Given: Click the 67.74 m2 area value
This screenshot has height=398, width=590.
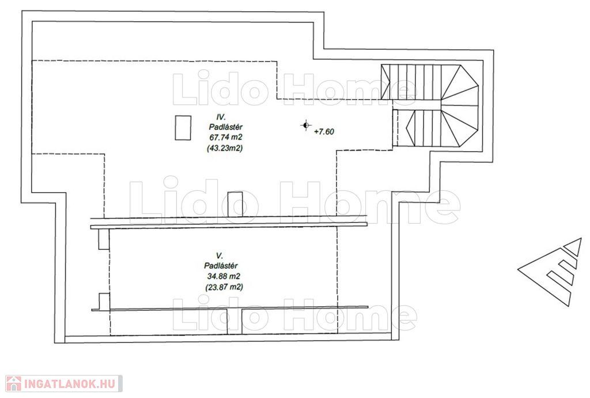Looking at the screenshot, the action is coord(226,137).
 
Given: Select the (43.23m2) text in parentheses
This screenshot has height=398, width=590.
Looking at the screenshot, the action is coord(225,148).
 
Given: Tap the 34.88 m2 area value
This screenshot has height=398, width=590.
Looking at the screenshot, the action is coord(224,276).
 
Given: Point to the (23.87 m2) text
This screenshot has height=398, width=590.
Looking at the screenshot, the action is coord(224,287).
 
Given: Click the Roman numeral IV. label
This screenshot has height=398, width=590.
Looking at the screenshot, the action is coord(221,117).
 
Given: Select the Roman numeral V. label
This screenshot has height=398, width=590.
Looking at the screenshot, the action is coord(220,256).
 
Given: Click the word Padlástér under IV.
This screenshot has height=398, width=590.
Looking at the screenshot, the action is coord(226,127).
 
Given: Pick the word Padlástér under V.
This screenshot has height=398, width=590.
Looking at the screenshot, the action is coord(221,266).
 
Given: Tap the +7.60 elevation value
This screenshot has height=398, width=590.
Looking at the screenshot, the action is coord(324,132).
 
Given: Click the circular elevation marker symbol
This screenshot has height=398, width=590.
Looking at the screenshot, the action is coord(306,125).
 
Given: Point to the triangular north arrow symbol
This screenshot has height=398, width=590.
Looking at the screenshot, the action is coord(551,272).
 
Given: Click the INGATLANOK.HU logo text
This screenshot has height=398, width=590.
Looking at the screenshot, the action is coord(69,384).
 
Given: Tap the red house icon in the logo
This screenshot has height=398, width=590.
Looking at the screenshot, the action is coord(14,384).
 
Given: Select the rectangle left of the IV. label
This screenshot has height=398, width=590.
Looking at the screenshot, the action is coord(183,127).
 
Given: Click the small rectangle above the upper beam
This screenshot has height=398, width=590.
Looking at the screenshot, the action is coord(235,204).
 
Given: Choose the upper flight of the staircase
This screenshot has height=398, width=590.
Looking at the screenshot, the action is coord(429,82).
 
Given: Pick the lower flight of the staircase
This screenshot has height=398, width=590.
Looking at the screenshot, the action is coord(441,128).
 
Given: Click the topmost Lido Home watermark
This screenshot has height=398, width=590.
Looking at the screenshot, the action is coord(294,89).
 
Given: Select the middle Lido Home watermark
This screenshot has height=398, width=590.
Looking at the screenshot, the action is coord(294,202).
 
